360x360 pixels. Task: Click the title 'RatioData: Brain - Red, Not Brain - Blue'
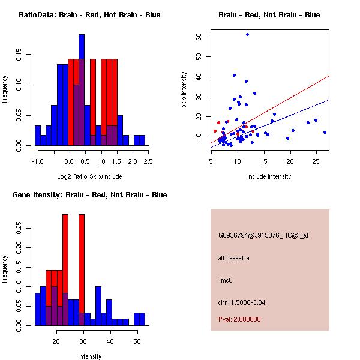[x=89, y=15]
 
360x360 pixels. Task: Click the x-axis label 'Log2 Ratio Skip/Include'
[x=89, y=176]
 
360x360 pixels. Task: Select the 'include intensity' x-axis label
[x=269, y=176]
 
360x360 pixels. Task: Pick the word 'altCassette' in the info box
[x=233, y=258]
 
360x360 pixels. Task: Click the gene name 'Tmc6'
[x=226, y=280]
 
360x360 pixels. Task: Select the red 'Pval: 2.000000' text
[x=239, y=319]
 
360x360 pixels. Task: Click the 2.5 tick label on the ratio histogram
[x=148, y=161]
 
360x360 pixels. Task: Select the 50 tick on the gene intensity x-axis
[x=137, y=341]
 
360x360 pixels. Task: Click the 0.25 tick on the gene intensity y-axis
[x=20, y=227]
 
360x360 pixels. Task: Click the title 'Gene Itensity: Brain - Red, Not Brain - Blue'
[x=89, y=195]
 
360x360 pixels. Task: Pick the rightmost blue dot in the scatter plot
[x=325, y=132]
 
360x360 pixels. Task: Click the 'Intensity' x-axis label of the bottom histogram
[x=89, y=356]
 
